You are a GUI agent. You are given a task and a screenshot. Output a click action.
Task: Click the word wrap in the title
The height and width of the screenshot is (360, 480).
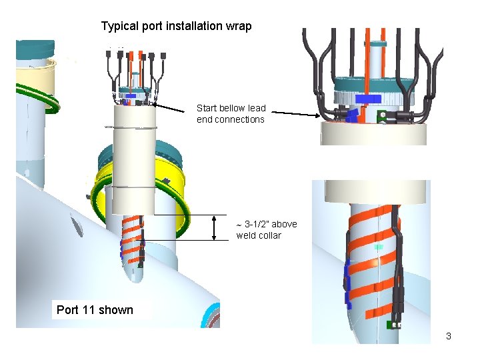238,27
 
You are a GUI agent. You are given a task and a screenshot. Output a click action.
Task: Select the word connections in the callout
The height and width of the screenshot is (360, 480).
241,119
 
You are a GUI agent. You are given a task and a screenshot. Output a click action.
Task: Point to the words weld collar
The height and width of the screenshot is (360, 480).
259,235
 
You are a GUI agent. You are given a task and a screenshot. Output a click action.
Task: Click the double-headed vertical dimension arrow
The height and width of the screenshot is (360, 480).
214,227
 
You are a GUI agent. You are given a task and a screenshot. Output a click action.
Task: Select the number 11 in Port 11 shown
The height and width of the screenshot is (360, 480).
89,309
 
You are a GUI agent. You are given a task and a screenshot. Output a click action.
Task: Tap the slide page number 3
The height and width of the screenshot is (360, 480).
449,336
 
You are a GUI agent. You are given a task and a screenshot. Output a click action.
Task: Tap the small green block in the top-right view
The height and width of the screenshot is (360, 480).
383,117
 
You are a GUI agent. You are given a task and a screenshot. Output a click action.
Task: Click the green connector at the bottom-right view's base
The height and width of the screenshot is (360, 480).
395,325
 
